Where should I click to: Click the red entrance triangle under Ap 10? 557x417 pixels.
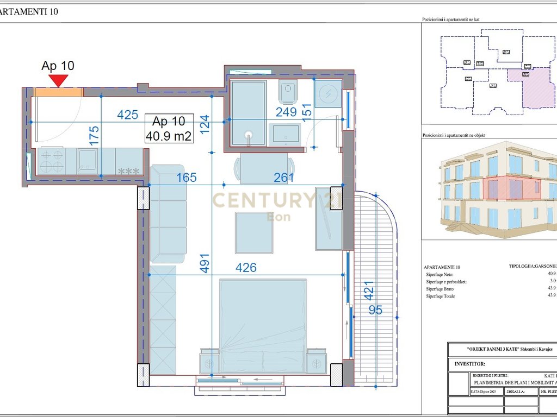58,80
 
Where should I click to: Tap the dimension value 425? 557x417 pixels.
128,115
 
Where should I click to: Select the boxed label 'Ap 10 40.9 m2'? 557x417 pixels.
169,129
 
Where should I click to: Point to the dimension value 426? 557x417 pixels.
245,268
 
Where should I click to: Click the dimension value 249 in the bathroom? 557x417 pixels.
286,112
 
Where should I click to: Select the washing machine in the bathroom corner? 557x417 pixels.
328,94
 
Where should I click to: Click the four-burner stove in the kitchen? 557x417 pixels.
51,161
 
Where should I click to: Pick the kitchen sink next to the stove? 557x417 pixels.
87,161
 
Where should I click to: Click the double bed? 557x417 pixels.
262,326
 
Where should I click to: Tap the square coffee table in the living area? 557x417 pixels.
254,232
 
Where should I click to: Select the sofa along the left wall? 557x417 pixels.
168,213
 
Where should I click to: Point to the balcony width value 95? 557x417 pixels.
375,310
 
